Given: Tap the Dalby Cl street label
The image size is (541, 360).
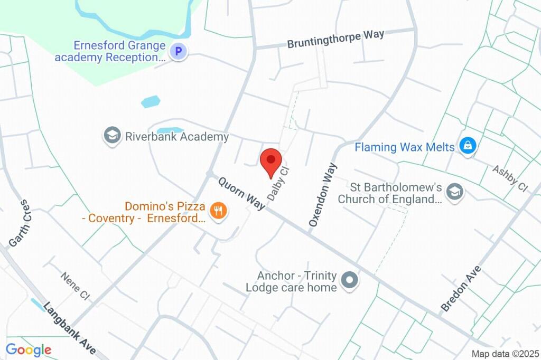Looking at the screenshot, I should click(x=278, y=183).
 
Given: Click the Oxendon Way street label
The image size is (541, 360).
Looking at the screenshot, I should click(x=322, y=195).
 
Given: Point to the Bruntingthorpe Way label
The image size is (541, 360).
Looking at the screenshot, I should click(x=335, y=39).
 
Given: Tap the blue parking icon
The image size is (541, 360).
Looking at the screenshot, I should click(x=179, y=52).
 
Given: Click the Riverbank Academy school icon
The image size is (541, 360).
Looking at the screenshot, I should click(x=112, y=136).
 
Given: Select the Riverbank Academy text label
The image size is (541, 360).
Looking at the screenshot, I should click(x=177, y=137).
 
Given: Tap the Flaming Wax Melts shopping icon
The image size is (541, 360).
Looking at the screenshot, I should click(x=467, y=146).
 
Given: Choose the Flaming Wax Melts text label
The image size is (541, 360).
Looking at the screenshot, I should click(x=404, y=147).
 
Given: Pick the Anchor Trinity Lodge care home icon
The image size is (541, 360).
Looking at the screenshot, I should click(x=349, y=281).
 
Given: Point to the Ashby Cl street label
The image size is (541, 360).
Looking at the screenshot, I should click(x=510, y=178).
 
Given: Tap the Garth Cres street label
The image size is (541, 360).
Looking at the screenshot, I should click(x=18, y=223).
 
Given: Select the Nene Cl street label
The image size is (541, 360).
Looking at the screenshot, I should click(x=75, y=286).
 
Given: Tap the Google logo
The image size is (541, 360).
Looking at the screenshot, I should click(x=28, y=349).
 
